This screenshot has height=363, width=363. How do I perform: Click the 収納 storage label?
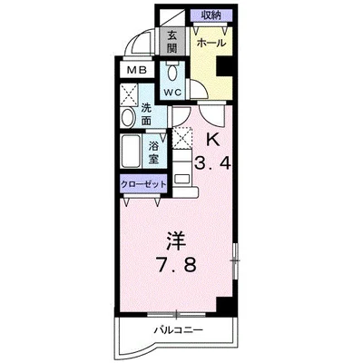click(x=211, y=15)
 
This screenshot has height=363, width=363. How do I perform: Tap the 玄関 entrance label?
click(x=172, y=42)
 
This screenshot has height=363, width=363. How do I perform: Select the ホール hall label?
click(x=211, y=44)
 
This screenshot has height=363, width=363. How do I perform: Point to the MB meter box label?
click(x=136, y=70)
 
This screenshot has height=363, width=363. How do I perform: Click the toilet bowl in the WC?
click(x=172, y=71)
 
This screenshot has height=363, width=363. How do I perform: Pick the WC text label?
click(x=172, y=92)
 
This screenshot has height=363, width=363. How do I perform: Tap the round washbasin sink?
click(x=128, y=117)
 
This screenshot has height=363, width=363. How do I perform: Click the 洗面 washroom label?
click(x=146, y=114)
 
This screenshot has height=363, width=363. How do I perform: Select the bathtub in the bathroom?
click(x=131, y=151)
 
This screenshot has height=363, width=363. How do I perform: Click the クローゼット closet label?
click(x=143, y=184)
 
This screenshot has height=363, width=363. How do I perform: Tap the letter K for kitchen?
click(x=212, y=140)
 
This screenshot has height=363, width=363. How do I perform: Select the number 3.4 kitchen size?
click(x=212, y=163)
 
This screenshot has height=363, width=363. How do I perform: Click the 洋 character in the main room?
click(x=176, y=241)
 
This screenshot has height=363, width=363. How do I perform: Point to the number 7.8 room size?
click(x=176, y=264)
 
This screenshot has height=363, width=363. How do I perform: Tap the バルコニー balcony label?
click(x=178, y=329)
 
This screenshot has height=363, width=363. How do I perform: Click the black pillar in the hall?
click(x=224, y=66)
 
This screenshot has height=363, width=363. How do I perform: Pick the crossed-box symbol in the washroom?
click(x=129, y=94)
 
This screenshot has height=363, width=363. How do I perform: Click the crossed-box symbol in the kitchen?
click(x=182, y=138)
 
